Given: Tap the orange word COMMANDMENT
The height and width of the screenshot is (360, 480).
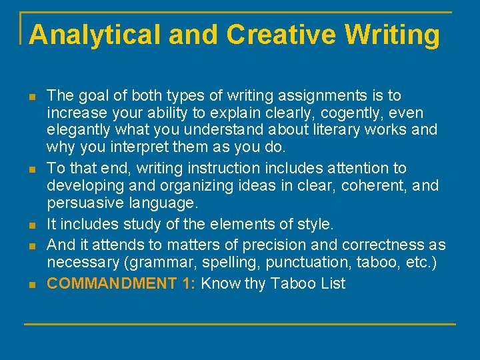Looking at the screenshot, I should tap(111, 283).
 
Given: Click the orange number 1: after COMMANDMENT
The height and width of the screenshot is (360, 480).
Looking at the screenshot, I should tap(189, 283).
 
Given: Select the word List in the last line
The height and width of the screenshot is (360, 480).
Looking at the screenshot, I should tap(332, 283).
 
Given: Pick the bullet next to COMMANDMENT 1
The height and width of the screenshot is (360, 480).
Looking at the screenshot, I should tap(33, 284).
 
